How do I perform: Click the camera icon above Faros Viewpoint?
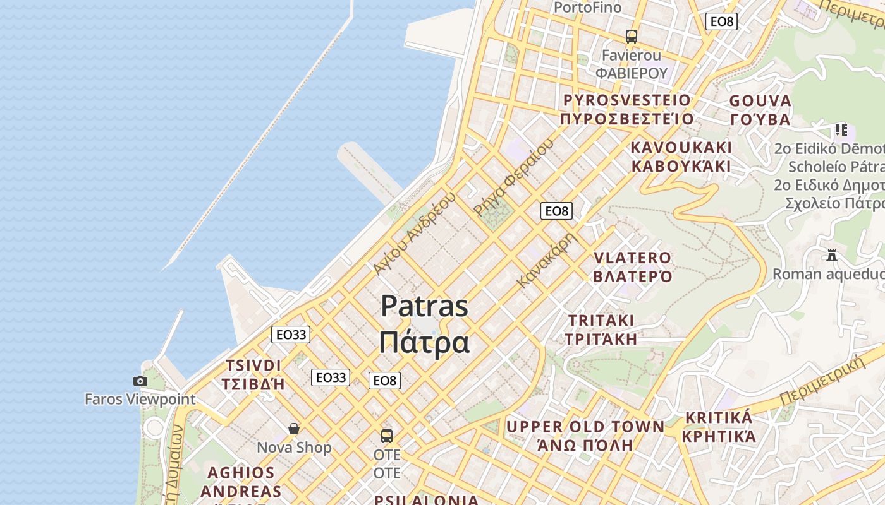[140, 381]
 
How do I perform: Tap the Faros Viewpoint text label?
[140, 399]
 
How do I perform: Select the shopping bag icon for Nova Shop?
[294, 429]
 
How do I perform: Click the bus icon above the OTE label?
[387, 436]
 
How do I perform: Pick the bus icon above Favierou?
[632, 37]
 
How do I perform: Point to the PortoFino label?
[587, 8]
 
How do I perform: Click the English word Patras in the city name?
[424, 307]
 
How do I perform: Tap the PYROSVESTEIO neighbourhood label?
[627, 100]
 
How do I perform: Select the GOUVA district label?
[760, 101]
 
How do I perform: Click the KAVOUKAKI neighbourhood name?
[681, 148]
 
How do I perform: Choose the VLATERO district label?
[632, 258]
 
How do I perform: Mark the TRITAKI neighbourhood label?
[601, 320]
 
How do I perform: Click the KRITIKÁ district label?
[719, 418]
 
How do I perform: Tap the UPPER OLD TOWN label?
[585, 427]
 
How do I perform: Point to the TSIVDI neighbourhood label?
[253, 366]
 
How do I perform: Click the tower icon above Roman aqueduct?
[832, 255]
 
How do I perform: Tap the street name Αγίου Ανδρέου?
[414, 234]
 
